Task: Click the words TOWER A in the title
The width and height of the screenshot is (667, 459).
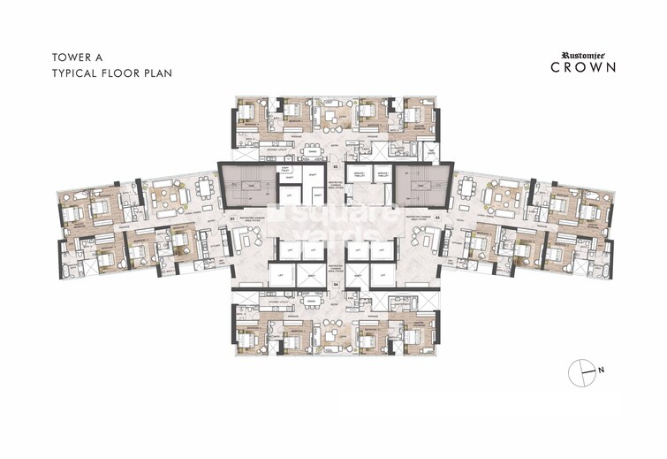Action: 73,57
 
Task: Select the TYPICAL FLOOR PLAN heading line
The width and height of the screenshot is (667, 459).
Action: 104,73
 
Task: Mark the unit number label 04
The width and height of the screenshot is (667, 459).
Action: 335,285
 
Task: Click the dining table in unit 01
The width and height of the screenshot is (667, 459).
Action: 207,190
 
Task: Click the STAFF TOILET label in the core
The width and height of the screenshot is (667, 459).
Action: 285,170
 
